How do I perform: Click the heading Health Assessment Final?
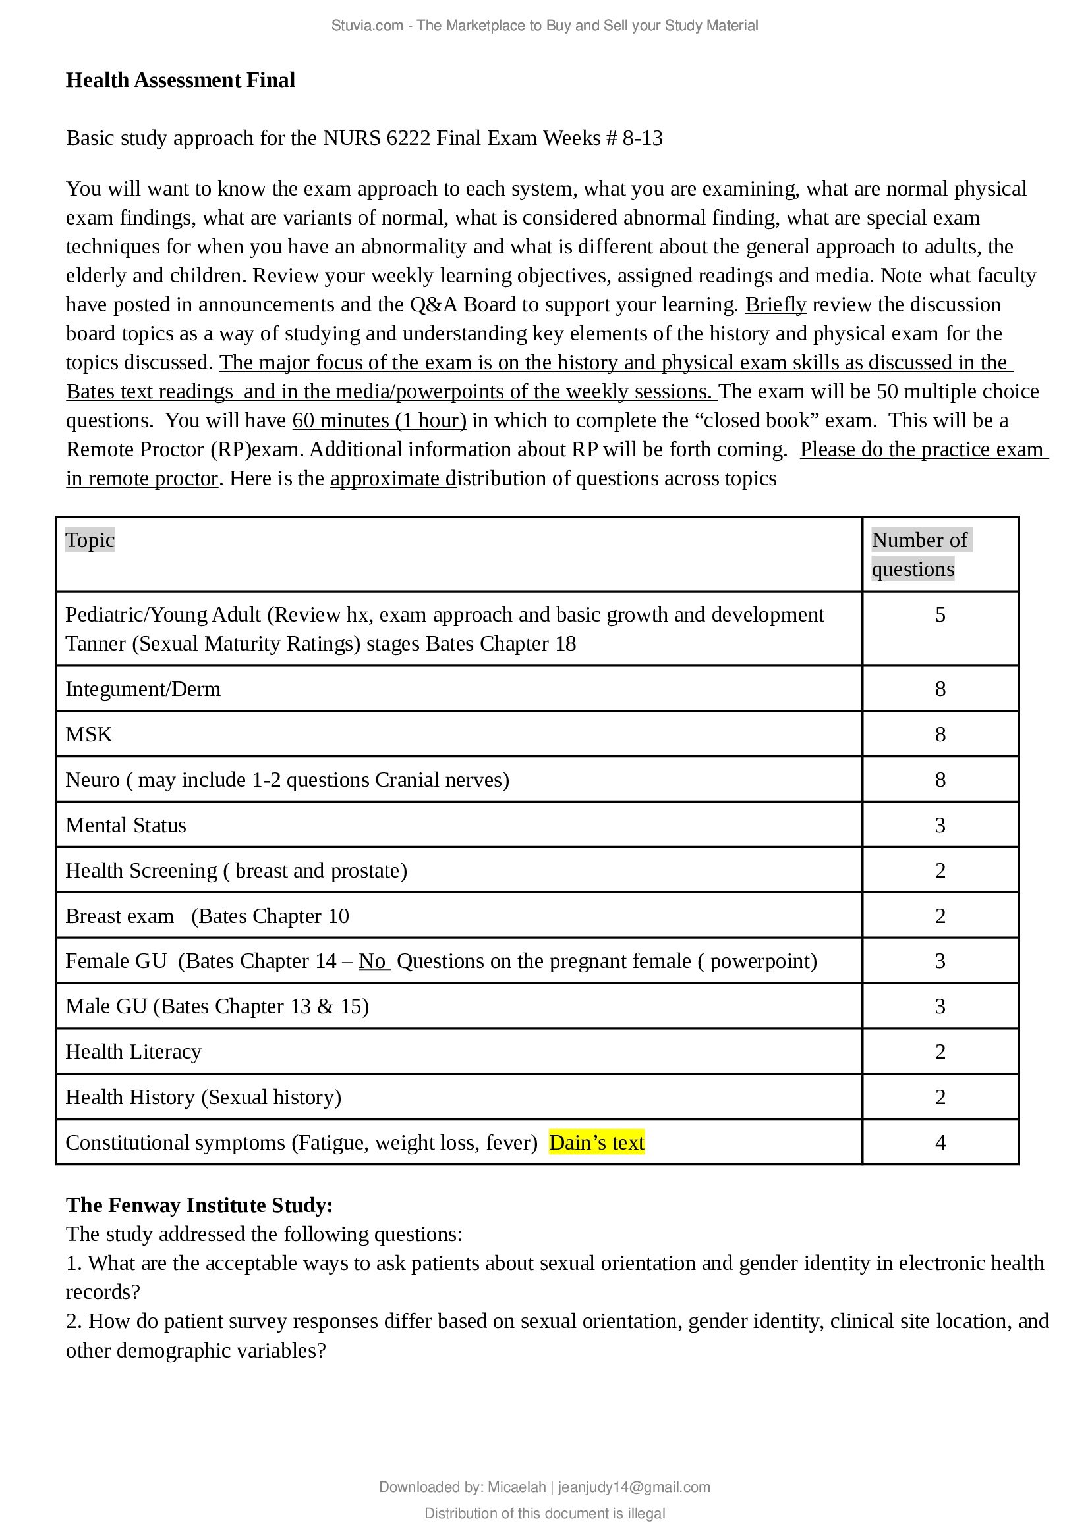coord(180,80)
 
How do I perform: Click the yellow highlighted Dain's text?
coord(596,1142)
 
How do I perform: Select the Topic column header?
coord(90,540)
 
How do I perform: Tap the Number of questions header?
coord(919,554)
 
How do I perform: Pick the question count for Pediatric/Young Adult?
coord(940,615)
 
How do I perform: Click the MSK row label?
coord(88,735)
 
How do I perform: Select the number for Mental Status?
coord(940,826)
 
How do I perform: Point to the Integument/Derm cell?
coord(143,689)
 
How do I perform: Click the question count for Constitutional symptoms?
coord(940,1143)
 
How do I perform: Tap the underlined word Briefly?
coord(775,305)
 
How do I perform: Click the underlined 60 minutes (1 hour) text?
coord(379,421)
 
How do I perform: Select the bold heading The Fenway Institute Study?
coord(199,1206)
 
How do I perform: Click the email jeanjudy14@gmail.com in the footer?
coord(633,1487)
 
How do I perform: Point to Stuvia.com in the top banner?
coord(367,26)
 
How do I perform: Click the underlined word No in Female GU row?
coord(372,961)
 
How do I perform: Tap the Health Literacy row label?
coord(133,1051)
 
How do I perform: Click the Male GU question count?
coord(940,1007)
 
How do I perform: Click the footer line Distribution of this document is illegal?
coord(544,1513)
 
